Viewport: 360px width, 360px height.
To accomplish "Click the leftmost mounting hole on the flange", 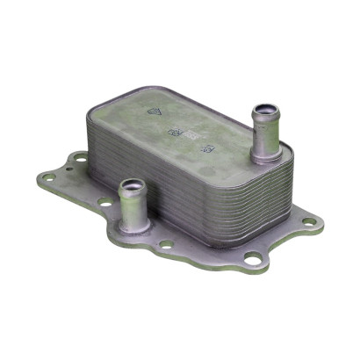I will [49, 176].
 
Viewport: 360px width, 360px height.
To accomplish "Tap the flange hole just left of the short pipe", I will [104, 201].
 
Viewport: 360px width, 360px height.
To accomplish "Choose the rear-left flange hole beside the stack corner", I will [80, 159].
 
